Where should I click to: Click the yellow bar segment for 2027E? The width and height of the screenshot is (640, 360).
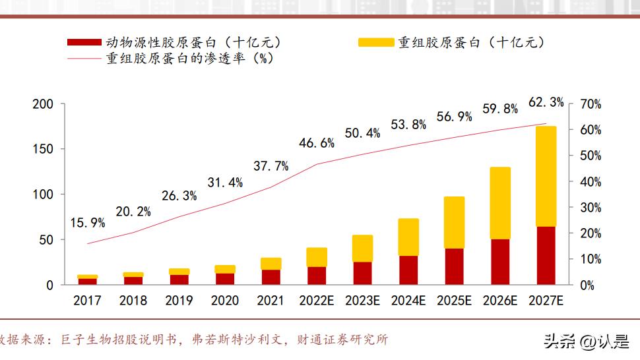coord(546,176)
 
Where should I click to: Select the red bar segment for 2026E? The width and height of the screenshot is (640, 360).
coord(500,262)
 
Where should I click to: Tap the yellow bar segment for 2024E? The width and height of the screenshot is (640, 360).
coord(408,237)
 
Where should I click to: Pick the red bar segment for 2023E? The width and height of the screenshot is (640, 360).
coord(362,273)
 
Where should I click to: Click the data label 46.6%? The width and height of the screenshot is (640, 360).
coord(317,142)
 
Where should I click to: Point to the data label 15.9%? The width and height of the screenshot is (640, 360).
coord(87,223)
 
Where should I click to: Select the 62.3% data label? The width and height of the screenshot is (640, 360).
coord(546,102)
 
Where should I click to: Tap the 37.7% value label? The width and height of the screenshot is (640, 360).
coord(271,166)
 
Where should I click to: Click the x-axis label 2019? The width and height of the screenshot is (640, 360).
coord(179,301)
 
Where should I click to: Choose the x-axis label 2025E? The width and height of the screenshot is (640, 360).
coord(454,301)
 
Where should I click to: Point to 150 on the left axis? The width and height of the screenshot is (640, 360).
coord(42,149)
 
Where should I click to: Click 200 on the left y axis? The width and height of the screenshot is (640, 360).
coord(42,104)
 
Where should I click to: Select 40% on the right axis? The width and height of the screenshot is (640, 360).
coord(591,181)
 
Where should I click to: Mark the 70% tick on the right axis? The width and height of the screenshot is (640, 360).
coord(591,104)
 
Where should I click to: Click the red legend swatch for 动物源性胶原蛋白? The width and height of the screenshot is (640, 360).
coord(84,43)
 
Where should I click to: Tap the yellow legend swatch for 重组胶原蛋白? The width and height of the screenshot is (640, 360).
coord(375,43)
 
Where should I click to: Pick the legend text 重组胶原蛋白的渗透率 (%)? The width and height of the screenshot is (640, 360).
coord(190,58)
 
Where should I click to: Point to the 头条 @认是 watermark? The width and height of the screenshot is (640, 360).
coord(586,341)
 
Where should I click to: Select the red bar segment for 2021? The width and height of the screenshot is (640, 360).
coord(271,277)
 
